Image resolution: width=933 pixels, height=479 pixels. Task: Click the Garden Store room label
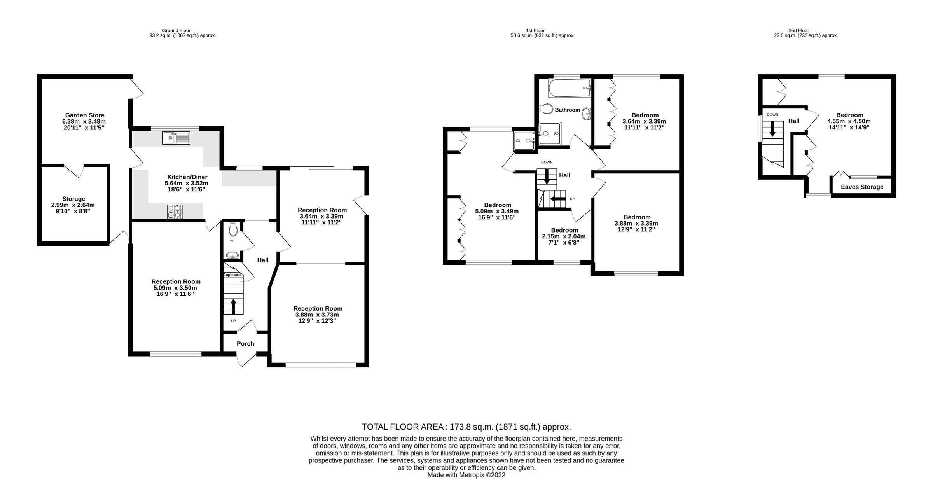click(x=84, y=115)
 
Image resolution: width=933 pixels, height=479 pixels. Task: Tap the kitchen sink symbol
click(x=176, y=138)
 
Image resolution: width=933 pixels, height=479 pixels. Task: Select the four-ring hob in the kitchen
click(x=175, y=212)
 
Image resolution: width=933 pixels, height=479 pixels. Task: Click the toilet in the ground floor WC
click(x=233, y=229)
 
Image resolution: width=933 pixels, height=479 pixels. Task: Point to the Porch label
click(x=245, y=344)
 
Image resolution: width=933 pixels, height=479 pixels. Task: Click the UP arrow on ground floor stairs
click(x=233, y=306)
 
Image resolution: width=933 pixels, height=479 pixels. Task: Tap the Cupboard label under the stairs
click(x=232, y=275)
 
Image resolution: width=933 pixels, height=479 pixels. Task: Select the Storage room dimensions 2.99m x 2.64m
click(x=73, y=205)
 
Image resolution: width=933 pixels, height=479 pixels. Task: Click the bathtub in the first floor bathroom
click(x=570, y=88)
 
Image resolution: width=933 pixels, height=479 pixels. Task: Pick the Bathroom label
click(x=567, y=110)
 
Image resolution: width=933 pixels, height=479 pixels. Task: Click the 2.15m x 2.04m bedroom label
click(x=564, y=236)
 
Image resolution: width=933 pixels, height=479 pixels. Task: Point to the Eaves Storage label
click(x=862, y=187)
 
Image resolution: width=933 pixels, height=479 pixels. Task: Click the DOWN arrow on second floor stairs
click(x=772, y=129)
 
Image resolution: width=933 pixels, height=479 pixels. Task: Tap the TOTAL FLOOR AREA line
click(x=466, y=427)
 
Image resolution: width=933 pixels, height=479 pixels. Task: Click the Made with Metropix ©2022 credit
click(x=466, y=475)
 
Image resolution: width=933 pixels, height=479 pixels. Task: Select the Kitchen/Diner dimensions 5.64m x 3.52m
click(x=187, y=183)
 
